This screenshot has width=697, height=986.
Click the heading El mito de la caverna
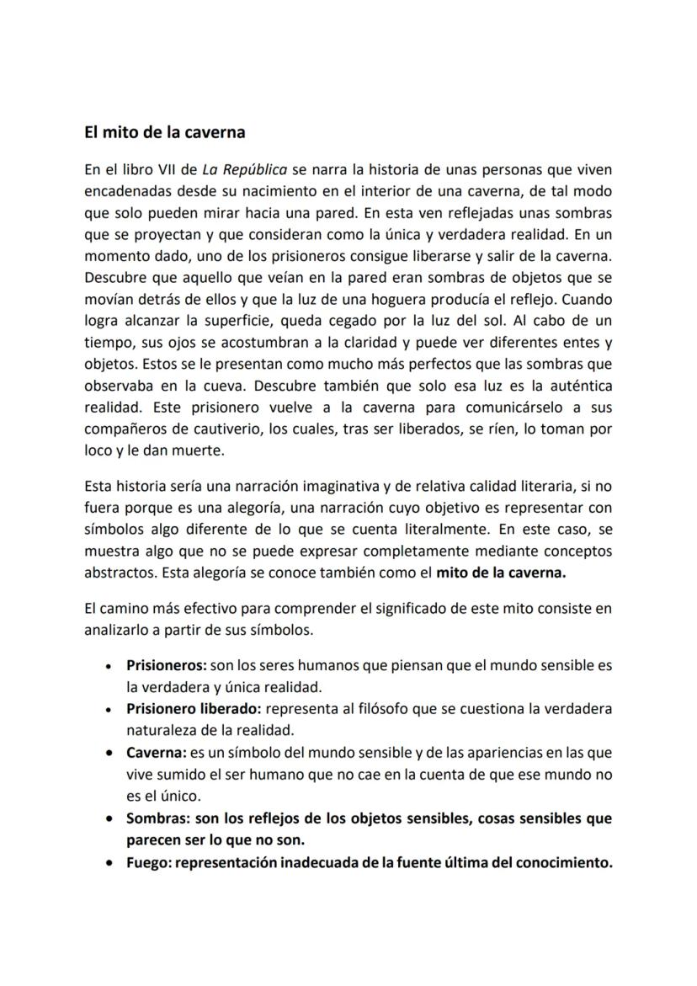(164, 132)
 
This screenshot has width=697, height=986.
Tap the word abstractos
(116, 574)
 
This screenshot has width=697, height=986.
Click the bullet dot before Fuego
(110, 862)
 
